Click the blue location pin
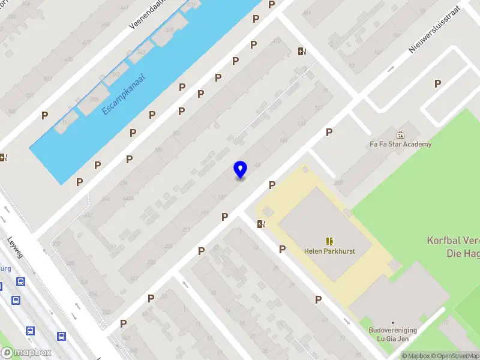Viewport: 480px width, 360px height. point(240,169)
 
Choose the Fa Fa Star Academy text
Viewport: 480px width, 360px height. point(400,144)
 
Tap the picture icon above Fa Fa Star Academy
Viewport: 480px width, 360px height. point(400,135)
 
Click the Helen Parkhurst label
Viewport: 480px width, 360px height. point(329,251)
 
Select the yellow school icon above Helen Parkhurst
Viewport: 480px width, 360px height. point(329,241)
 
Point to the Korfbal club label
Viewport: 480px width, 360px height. point(454,247)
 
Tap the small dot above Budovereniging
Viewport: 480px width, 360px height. point(393,322)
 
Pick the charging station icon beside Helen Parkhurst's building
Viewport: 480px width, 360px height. point(261,224)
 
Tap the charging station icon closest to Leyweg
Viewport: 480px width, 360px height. point(4,158)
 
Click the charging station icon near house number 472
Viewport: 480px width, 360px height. point(302,51)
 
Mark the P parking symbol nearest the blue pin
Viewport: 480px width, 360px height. point(272,185)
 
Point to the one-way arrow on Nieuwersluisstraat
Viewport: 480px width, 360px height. point(391,69)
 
